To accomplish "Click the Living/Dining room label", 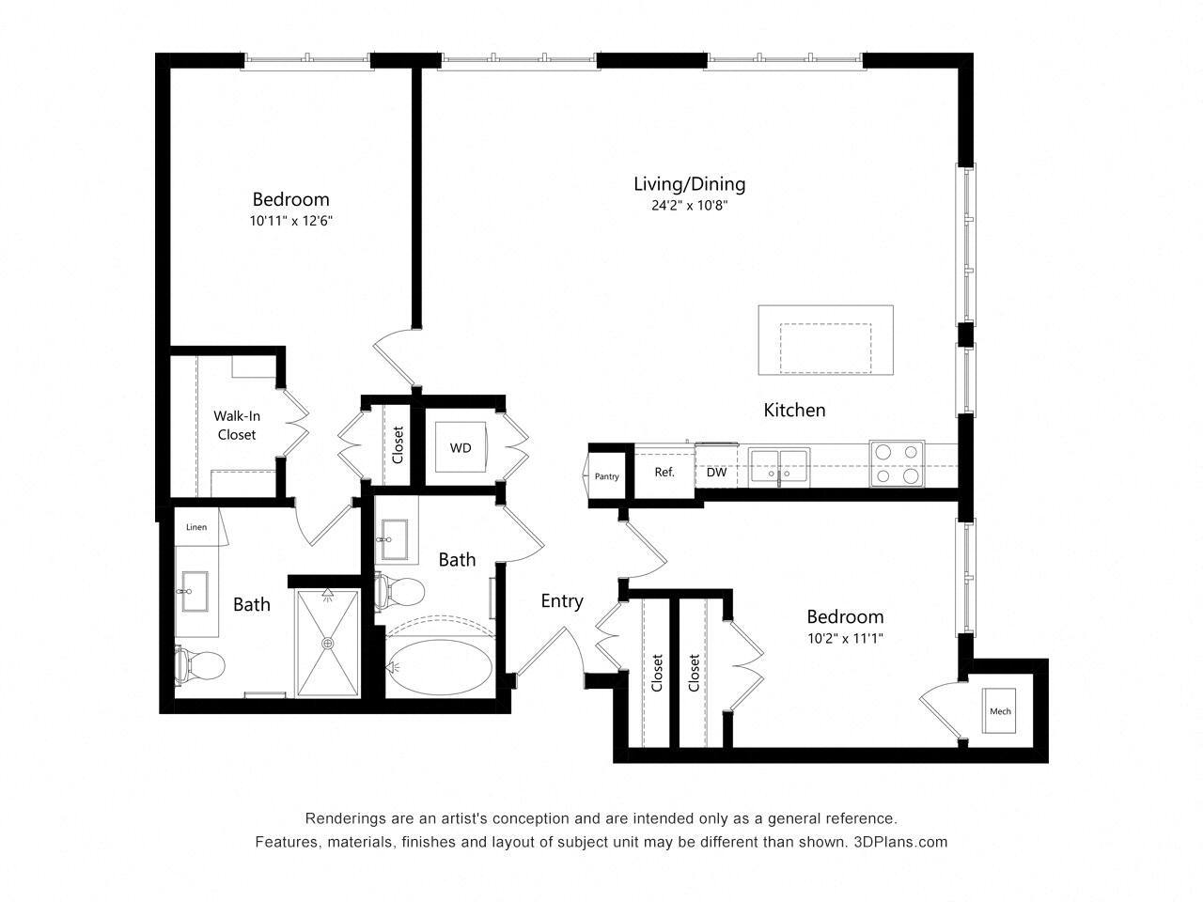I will click(x=689, y=184).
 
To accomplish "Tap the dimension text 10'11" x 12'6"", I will click(x=292, y=222).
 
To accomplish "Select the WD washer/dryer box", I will click(x=461, y=448).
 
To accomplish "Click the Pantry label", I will click(x=607, y=476).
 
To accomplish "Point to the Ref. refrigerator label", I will click(x=664, y=473).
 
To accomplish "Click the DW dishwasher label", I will click(x=716, y=473).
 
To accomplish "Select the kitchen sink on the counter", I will click(x=780, y=464).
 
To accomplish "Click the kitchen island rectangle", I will click(x=825, y=339).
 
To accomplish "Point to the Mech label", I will click(x=1000, y=711).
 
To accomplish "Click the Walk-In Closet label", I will click(x=237, y=425).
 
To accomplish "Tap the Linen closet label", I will click(x=196, y=527).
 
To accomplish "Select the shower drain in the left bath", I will click(x=328, y=643).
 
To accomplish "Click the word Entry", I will click(x=562, y=601).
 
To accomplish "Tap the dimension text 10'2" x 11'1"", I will click(x=845, y=639).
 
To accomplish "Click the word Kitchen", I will click(x=794, y=410).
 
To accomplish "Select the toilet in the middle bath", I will click(x=398, y=592).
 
